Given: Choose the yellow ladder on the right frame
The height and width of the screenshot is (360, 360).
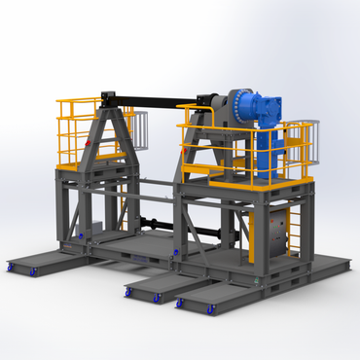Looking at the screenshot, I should coord(290,232).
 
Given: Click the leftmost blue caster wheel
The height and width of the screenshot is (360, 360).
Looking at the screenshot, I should coord(12,266).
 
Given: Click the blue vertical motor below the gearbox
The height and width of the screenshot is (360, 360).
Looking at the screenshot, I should coord(278,146).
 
